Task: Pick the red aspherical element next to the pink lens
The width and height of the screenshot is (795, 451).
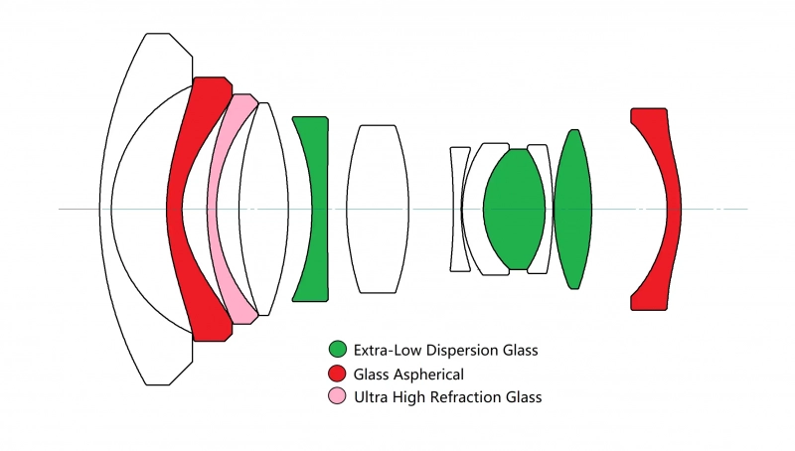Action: [175, 209]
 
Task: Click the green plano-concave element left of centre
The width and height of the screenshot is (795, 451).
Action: [318, 209]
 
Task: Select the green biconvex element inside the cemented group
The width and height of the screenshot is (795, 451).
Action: [514, 209]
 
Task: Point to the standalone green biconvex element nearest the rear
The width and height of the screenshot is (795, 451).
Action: [573, 209]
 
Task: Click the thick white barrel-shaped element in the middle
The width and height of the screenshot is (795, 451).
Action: [378, 209]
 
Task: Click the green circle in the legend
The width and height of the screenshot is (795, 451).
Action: [338, 349]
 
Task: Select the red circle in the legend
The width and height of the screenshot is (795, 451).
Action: [338, 374]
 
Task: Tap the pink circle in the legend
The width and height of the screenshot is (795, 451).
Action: [338, 395]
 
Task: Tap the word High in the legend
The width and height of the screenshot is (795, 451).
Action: [405, 397]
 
